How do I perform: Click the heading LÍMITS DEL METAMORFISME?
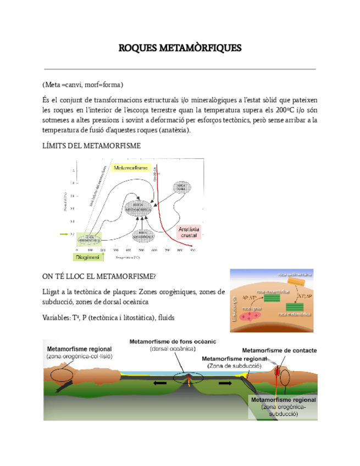pyautogui.click(x=92, y=146)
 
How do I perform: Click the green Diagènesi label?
pyautogui.click(x=86, y=257)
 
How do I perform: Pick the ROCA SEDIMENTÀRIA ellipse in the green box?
pyautogui.click(x=88, y=238)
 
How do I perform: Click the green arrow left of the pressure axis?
pyautogui.click(x=64, y=234)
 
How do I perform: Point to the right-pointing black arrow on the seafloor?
pyautogui.click(x=226, y=382)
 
